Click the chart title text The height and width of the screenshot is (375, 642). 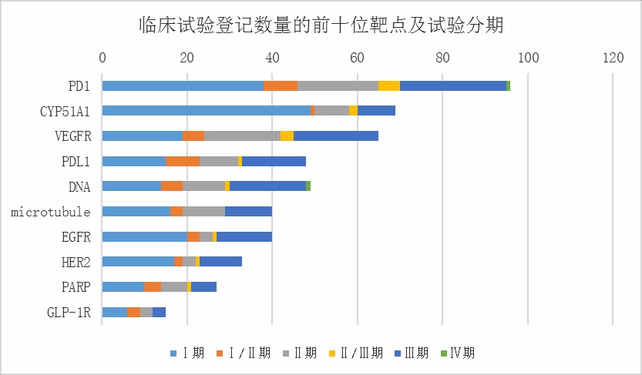(320, 25)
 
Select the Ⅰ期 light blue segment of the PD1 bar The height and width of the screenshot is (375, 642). (182, 85)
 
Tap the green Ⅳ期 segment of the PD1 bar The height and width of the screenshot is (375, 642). (509, 85)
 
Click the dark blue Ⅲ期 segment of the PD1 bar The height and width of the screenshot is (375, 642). (453, 85)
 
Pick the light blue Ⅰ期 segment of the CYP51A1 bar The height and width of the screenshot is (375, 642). (206, 111)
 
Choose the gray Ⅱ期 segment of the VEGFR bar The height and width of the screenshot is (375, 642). (242, 136)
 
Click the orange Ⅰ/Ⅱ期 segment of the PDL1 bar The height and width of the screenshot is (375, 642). (183, 161)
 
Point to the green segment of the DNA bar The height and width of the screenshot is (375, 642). (308, 186)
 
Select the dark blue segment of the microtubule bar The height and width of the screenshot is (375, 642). (248, 211)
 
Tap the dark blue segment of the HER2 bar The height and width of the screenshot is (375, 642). (220, 261)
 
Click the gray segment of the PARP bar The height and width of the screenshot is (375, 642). (174, 286)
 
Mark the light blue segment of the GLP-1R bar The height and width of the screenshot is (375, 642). (114, 311)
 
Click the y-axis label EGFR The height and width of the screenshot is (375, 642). (76, 236)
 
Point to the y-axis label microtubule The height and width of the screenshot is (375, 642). (51, 211)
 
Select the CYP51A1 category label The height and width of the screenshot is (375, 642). (66, 111)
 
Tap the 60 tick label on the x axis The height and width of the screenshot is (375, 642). (357, 57)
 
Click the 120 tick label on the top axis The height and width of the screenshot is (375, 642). (613, 57)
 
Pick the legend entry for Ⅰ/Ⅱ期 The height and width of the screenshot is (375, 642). (247, 353)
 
